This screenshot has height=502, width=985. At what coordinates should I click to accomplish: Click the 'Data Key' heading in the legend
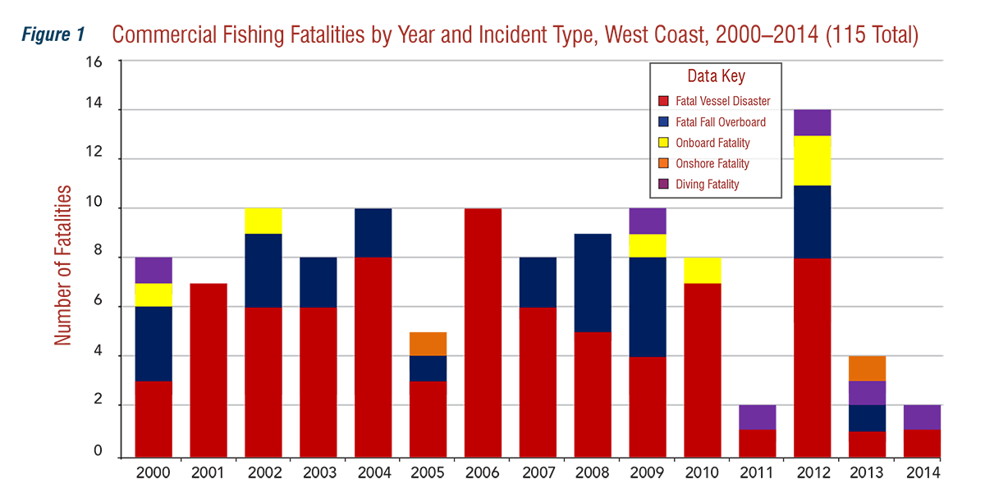[716, 76]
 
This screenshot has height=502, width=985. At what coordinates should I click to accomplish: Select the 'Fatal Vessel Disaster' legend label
[722, 102]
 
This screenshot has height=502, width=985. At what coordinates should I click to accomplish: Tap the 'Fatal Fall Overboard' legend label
[720, 122]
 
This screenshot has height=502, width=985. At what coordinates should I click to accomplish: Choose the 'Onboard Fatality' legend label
[712, 143]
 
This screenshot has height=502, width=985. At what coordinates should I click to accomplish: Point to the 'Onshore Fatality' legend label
[712, 163]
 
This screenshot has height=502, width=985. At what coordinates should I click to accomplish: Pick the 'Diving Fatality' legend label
[707, 185]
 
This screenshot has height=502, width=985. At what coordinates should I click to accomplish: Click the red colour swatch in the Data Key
[663, 102]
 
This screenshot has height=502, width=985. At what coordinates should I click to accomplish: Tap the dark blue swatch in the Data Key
[663, 122]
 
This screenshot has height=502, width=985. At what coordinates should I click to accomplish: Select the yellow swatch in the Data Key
[663, 143]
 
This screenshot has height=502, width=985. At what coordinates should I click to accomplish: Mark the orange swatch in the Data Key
[663, 164]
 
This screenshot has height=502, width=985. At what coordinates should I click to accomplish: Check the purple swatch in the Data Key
[663, 185]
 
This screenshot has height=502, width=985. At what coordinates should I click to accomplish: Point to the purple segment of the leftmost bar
[156, 270]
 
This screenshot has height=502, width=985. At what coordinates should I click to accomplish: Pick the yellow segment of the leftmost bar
[156, 294]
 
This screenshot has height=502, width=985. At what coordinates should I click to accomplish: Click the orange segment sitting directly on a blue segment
[428, 337]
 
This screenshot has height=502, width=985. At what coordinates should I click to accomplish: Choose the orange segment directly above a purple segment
[873, 368]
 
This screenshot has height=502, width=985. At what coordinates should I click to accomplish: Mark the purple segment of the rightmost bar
[919, 418]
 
